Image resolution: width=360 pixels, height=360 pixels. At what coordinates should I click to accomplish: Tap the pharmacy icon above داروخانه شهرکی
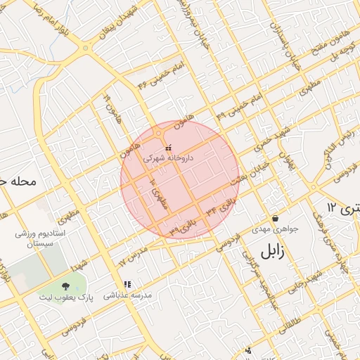point(167,148)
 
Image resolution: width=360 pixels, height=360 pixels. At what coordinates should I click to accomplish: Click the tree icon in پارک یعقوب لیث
point(65,285)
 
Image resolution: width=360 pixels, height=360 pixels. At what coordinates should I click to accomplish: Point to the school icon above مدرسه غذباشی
point(127,285)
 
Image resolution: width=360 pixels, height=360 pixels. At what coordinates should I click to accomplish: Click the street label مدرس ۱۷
point(133,255)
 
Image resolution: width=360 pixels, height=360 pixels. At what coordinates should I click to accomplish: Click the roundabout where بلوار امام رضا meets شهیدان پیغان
point(86,48)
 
